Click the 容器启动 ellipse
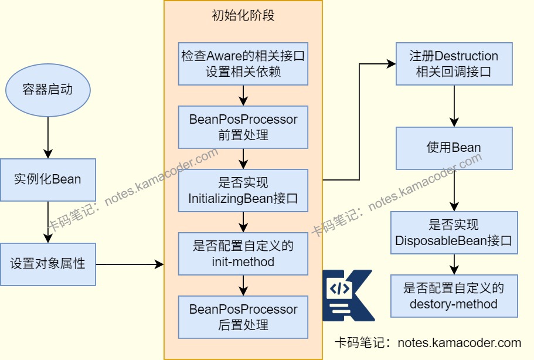point(47,90)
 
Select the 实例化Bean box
point(47,179)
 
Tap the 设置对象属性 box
point(47,264)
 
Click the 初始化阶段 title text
point(243,16)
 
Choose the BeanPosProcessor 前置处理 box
point(243,127)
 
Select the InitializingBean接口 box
point(243,191)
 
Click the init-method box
point(243,254)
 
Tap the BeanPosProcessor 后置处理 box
point(243,317)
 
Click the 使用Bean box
point(454,148)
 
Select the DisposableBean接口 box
point(454,233)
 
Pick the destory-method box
point(454,296)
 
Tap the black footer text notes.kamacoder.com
point(427,343)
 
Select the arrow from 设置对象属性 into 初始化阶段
point(129,264)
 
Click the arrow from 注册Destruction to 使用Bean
point(454,106)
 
